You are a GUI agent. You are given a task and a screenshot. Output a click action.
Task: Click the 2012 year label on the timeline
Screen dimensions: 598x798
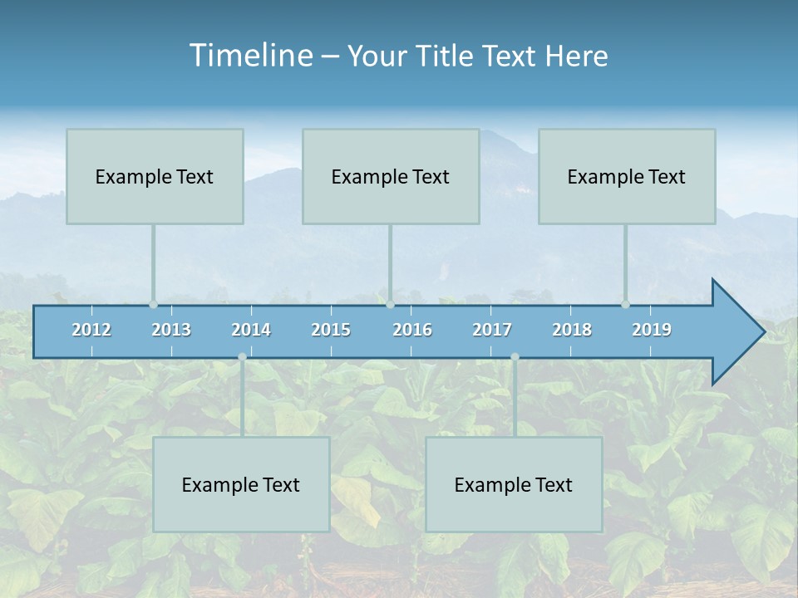tap(91, 330)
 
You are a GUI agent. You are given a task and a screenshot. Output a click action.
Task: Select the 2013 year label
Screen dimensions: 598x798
tap(171, 330)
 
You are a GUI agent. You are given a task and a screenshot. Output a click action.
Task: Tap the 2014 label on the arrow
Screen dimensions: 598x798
tap(251, 330)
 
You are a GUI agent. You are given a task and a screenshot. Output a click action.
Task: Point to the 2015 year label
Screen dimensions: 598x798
tap(331, 330)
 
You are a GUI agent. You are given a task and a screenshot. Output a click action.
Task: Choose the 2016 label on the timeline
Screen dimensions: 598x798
tap(412, 330)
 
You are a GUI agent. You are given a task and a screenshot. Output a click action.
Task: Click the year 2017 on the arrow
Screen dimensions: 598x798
tap(492, 330)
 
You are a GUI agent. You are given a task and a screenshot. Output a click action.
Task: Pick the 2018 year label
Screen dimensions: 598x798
tap(572, 330)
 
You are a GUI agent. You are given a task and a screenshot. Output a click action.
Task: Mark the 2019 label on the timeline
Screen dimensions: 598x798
tap(652, 330)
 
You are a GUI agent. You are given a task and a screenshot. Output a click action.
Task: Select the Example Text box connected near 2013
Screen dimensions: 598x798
tap(155, 176)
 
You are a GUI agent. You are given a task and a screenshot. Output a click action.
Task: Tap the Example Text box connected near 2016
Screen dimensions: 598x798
tap(391, 176)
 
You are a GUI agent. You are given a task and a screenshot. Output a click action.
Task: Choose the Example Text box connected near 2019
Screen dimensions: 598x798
tap(627, 176)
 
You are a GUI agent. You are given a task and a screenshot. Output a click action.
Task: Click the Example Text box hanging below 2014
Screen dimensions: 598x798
tap(241, 484)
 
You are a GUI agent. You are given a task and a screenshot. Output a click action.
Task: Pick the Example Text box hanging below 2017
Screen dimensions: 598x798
tap(514, 484)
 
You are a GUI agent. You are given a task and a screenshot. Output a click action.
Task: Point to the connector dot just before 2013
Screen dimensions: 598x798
tap(153, 305)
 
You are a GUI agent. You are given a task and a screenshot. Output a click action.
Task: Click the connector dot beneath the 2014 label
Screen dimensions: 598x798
tap(242, 357)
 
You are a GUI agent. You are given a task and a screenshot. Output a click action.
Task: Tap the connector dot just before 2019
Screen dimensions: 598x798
tap(625, 305)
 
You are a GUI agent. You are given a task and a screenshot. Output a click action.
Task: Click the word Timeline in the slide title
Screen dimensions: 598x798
tap(249, 56)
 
